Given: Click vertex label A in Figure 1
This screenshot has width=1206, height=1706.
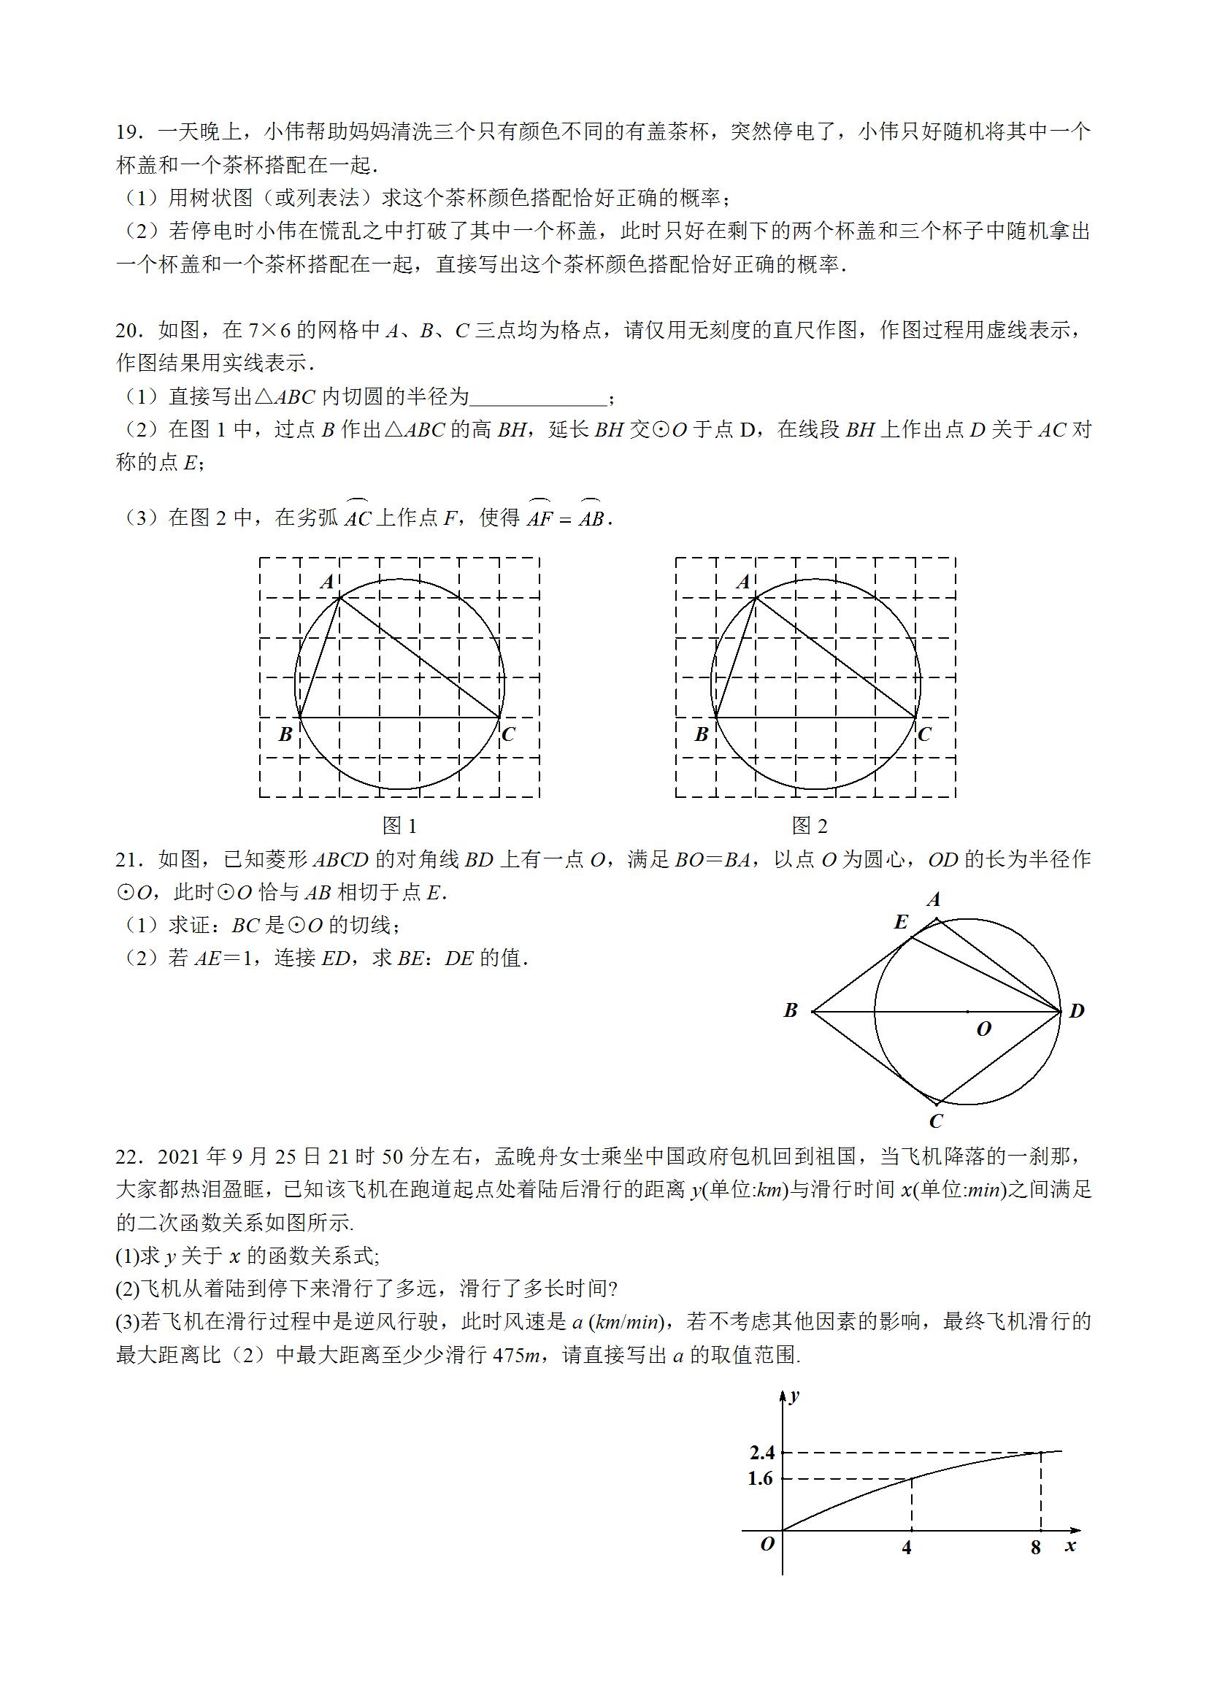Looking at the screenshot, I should [328, 582].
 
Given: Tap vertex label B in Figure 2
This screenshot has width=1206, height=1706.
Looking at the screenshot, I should [702, 735].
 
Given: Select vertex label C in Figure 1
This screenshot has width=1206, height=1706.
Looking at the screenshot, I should [509, 735].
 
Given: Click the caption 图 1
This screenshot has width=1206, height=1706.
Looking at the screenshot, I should [399, 826].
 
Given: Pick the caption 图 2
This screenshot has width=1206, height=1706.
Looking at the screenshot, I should [809, 826].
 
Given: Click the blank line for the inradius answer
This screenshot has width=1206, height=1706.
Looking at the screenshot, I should [539, 399].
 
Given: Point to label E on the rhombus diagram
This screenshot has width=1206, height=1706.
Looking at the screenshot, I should [901, 923].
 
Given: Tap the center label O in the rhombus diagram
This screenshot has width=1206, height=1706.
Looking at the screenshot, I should [984, 1029].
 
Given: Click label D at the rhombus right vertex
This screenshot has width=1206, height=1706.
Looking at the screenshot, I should [1077, 1011].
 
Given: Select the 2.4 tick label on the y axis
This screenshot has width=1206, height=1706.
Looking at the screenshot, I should [762, 1453].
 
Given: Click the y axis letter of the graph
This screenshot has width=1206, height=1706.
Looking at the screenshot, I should [795, 1396].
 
